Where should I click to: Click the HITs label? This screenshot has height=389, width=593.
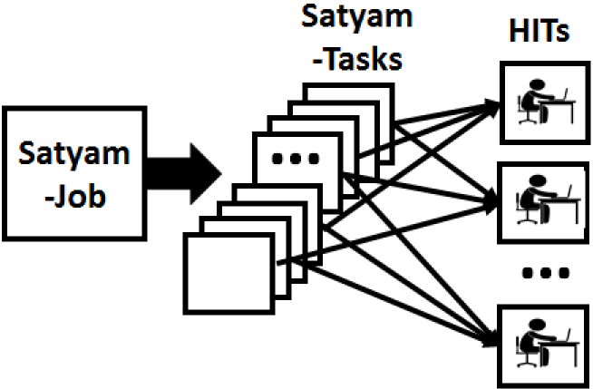[540, 33]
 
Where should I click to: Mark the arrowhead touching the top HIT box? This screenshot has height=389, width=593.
[493, 104]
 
